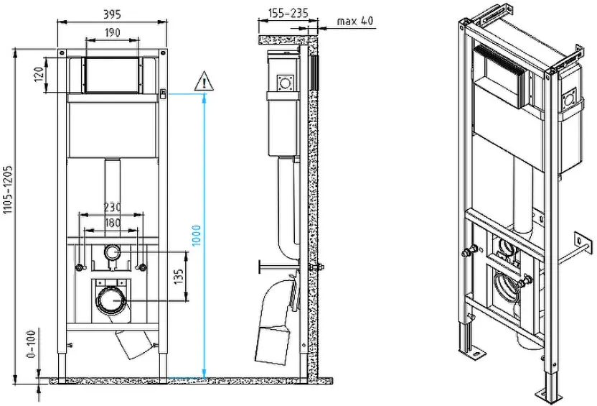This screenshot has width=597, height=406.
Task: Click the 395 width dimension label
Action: click(113, 14)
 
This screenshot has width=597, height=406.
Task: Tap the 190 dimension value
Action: click(113, 32)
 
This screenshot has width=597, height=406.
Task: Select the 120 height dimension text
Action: click(39, 75)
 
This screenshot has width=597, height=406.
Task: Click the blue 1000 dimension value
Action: click(196, 236)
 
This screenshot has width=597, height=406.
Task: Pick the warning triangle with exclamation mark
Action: click(204, 81)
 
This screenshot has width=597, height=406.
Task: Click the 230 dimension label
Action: click(113, 207)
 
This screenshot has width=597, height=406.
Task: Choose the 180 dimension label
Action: click(113, 222)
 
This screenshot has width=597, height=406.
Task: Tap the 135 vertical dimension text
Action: click(179, 277)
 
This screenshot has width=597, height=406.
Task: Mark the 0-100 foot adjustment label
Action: click(32, 344)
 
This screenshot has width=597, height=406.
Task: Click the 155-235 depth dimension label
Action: click(288, 14)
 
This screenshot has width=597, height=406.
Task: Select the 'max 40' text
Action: click(355, 21)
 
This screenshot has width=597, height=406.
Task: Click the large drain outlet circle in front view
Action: click(112, 300)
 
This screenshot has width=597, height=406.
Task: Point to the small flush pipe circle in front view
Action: click(112, 252)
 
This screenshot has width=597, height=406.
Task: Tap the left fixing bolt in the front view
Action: click(80, 267)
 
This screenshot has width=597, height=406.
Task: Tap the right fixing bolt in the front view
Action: click(141, 267)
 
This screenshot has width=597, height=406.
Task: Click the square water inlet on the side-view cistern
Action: click(285, 83)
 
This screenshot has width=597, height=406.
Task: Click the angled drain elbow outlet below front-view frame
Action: click(133, 344)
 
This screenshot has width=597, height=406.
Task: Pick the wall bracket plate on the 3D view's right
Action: click(582, 244)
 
